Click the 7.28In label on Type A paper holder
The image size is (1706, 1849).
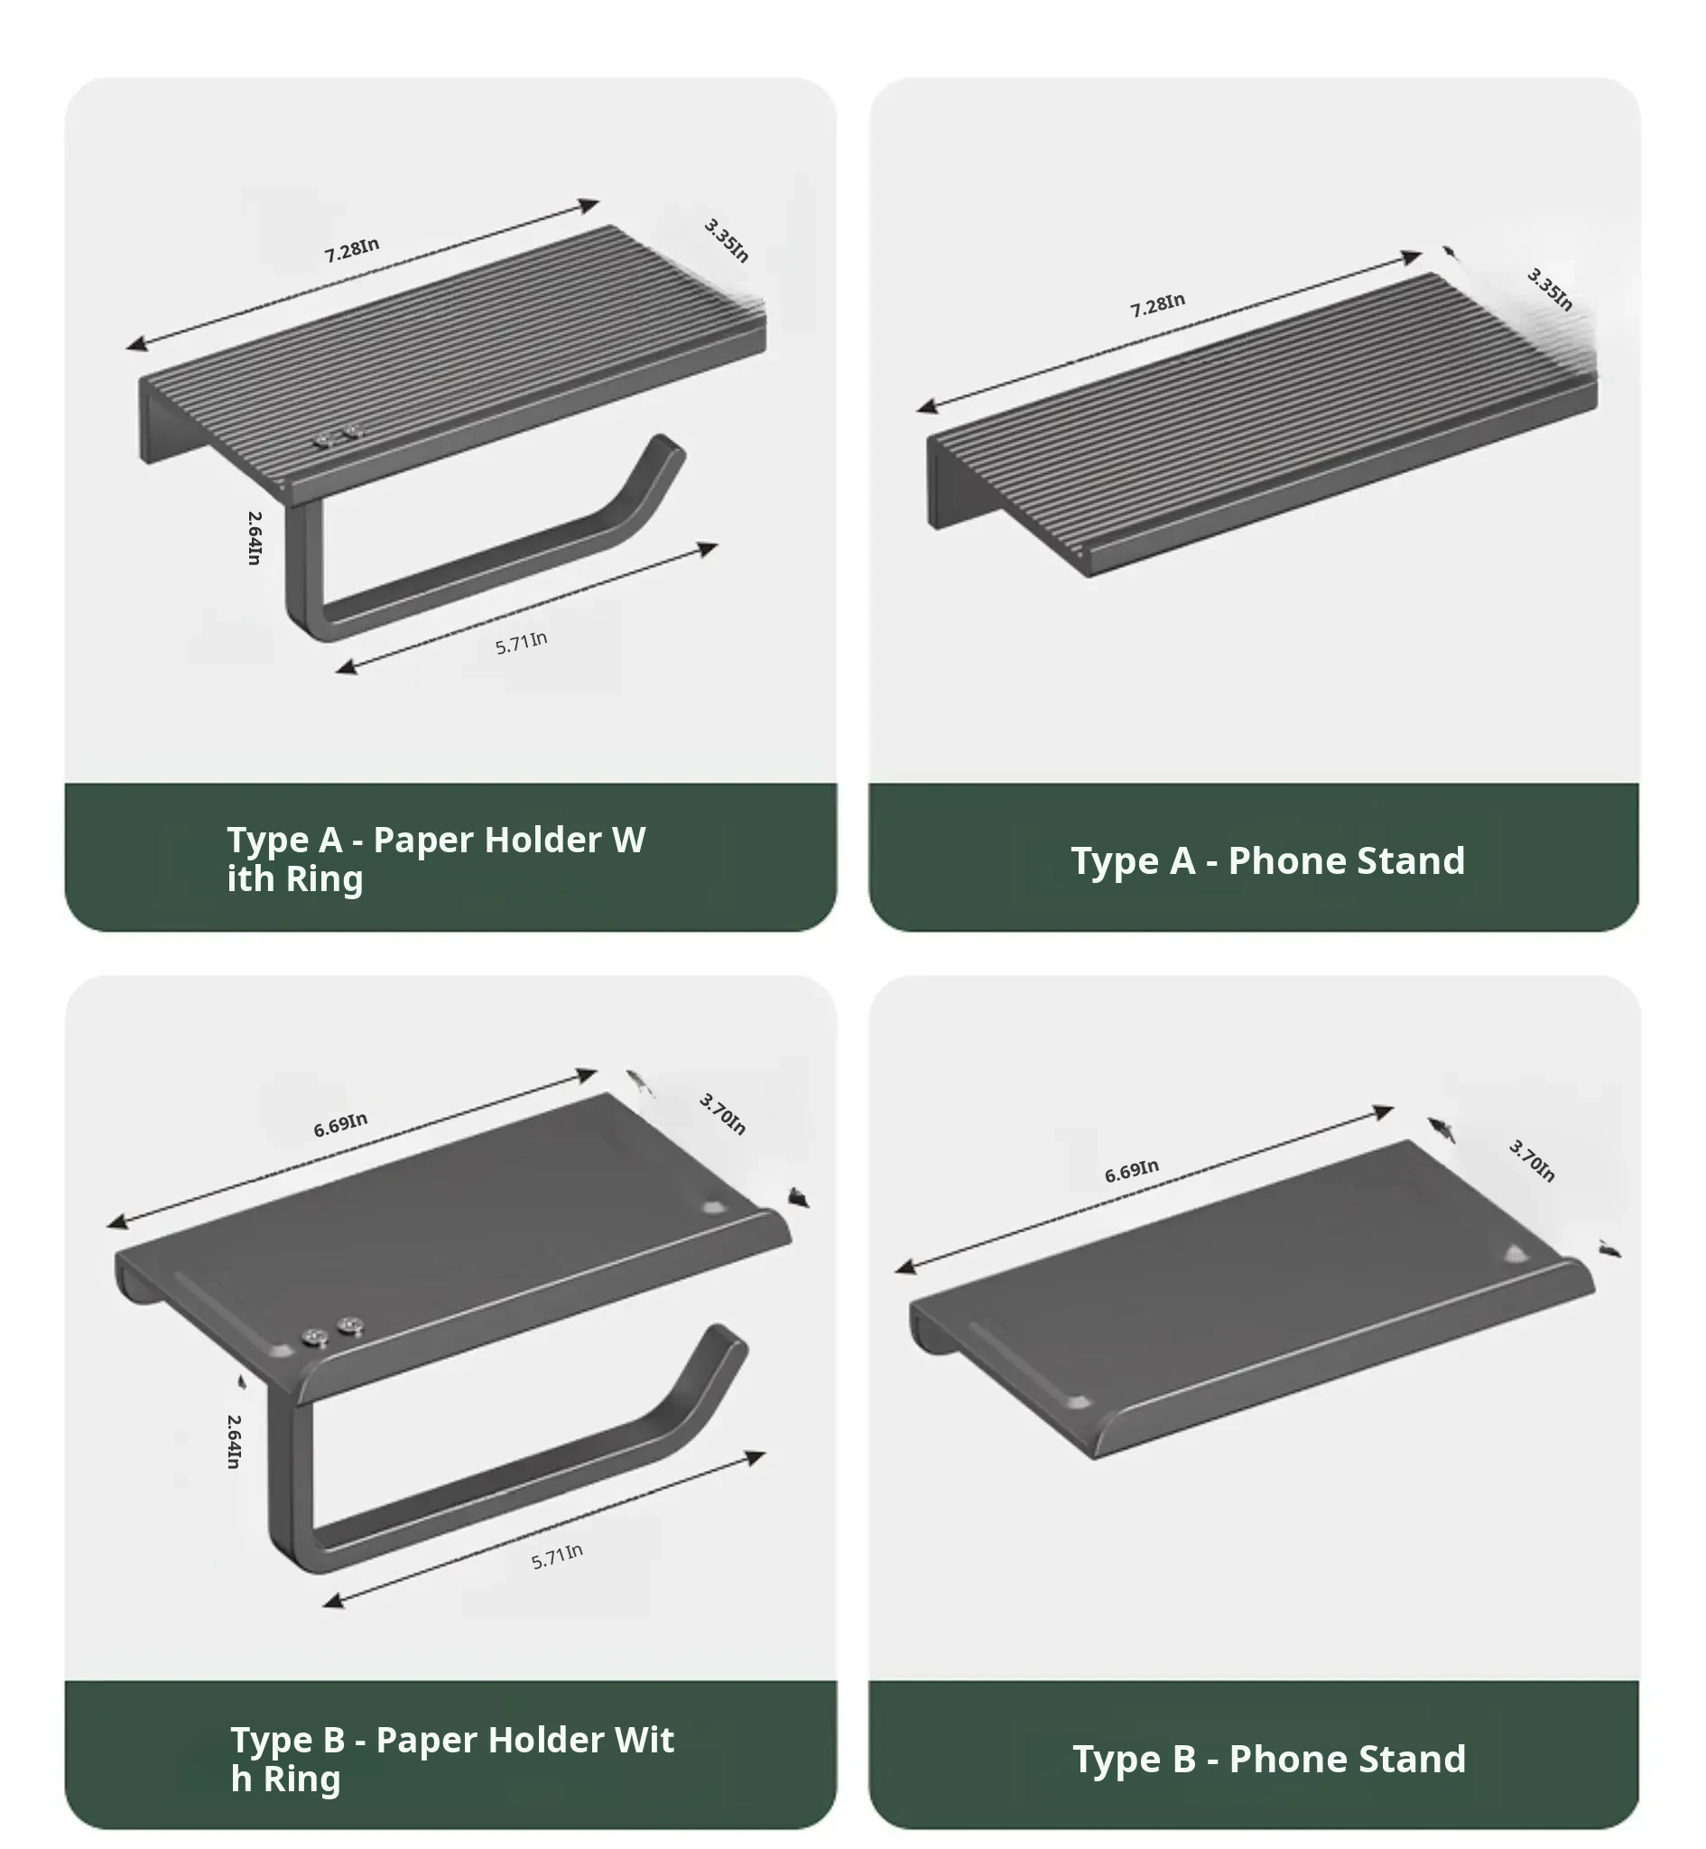pos(352,249)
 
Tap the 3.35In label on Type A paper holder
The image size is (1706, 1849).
pos(727,240)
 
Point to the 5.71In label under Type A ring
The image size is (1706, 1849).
pos(522,643)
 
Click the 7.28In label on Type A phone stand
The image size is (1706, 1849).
pos(1157,304)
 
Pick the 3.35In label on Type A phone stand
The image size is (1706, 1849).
pos(1550,289)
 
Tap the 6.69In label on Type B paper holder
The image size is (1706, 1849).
pos(340,1124)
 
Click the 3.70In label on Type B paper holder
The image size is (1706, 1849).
pos(723,1113)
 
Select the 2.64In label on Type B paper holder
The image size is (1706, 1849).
pos(235,1441)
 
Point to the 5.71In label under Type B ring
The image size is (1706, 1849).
pos(557,1556)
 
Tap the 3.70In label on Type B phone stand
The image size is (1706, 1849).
pos(1533,1160)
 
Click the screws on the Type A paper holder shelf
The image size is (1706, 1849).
pos(337,437)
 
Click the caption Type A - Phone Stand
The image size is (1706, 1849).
pos(1267,861)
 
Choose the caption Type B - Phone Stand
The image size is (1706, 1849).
pos(1269,1760)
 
